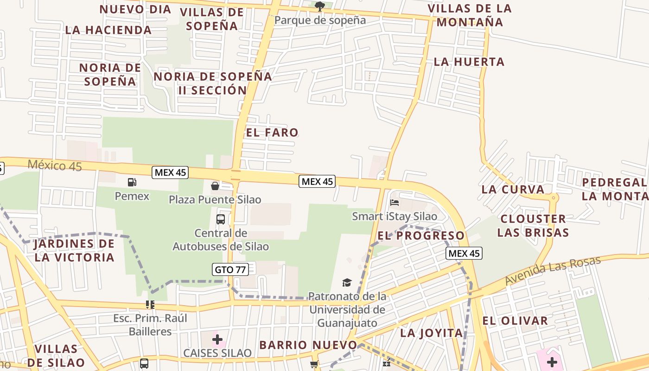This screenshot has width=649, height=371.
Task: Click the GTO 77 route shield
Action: coord(231,269)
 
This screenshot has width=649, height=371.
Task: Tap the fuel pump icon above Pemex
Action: coord(132,182)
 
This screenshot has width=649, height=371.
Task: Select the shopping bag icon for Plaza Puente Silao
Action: coord(215,186)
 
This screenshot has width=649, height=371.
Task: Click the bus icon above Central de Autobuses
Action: coord(221,219)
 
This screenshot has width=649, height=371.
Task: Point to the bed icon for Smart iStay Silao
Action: coord(394,203)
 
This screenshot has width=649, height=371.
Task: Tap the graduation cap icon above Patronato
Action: coord(347,282)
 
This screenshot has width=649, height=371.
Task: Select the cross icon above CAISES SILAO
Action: coord(217,339)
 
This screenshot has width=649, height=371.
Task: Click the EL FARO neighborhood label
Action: coord(272,133)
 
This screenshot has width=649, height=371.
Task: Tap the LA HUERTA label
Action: coord(469,62)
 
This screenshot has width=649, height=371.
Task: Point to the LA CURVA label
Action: coord(513,189)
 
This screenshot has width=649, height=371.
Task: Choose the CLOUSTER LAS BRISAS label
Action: coord(533,225)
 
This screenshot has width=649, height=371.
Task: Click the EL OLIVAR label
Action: coord(515,320)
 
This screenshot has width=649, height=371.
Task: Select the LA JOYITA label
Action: coord(432,333)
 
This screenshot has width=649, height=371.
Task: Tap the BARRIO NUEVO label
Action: coord(308,345)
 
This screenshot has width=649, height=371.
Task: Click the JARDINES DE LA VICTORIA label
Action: coord(74,250)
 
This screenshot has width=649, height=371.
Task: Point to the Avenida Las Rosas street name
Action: coord(553,271)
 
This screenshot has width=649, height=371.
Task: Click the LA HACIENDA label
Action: coord(108,30)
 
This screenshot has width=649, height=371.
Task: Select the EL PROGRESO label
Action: coord(421,236)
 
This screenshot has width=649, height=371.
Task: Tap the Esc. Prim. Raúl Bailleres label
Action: coord(150,325)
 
